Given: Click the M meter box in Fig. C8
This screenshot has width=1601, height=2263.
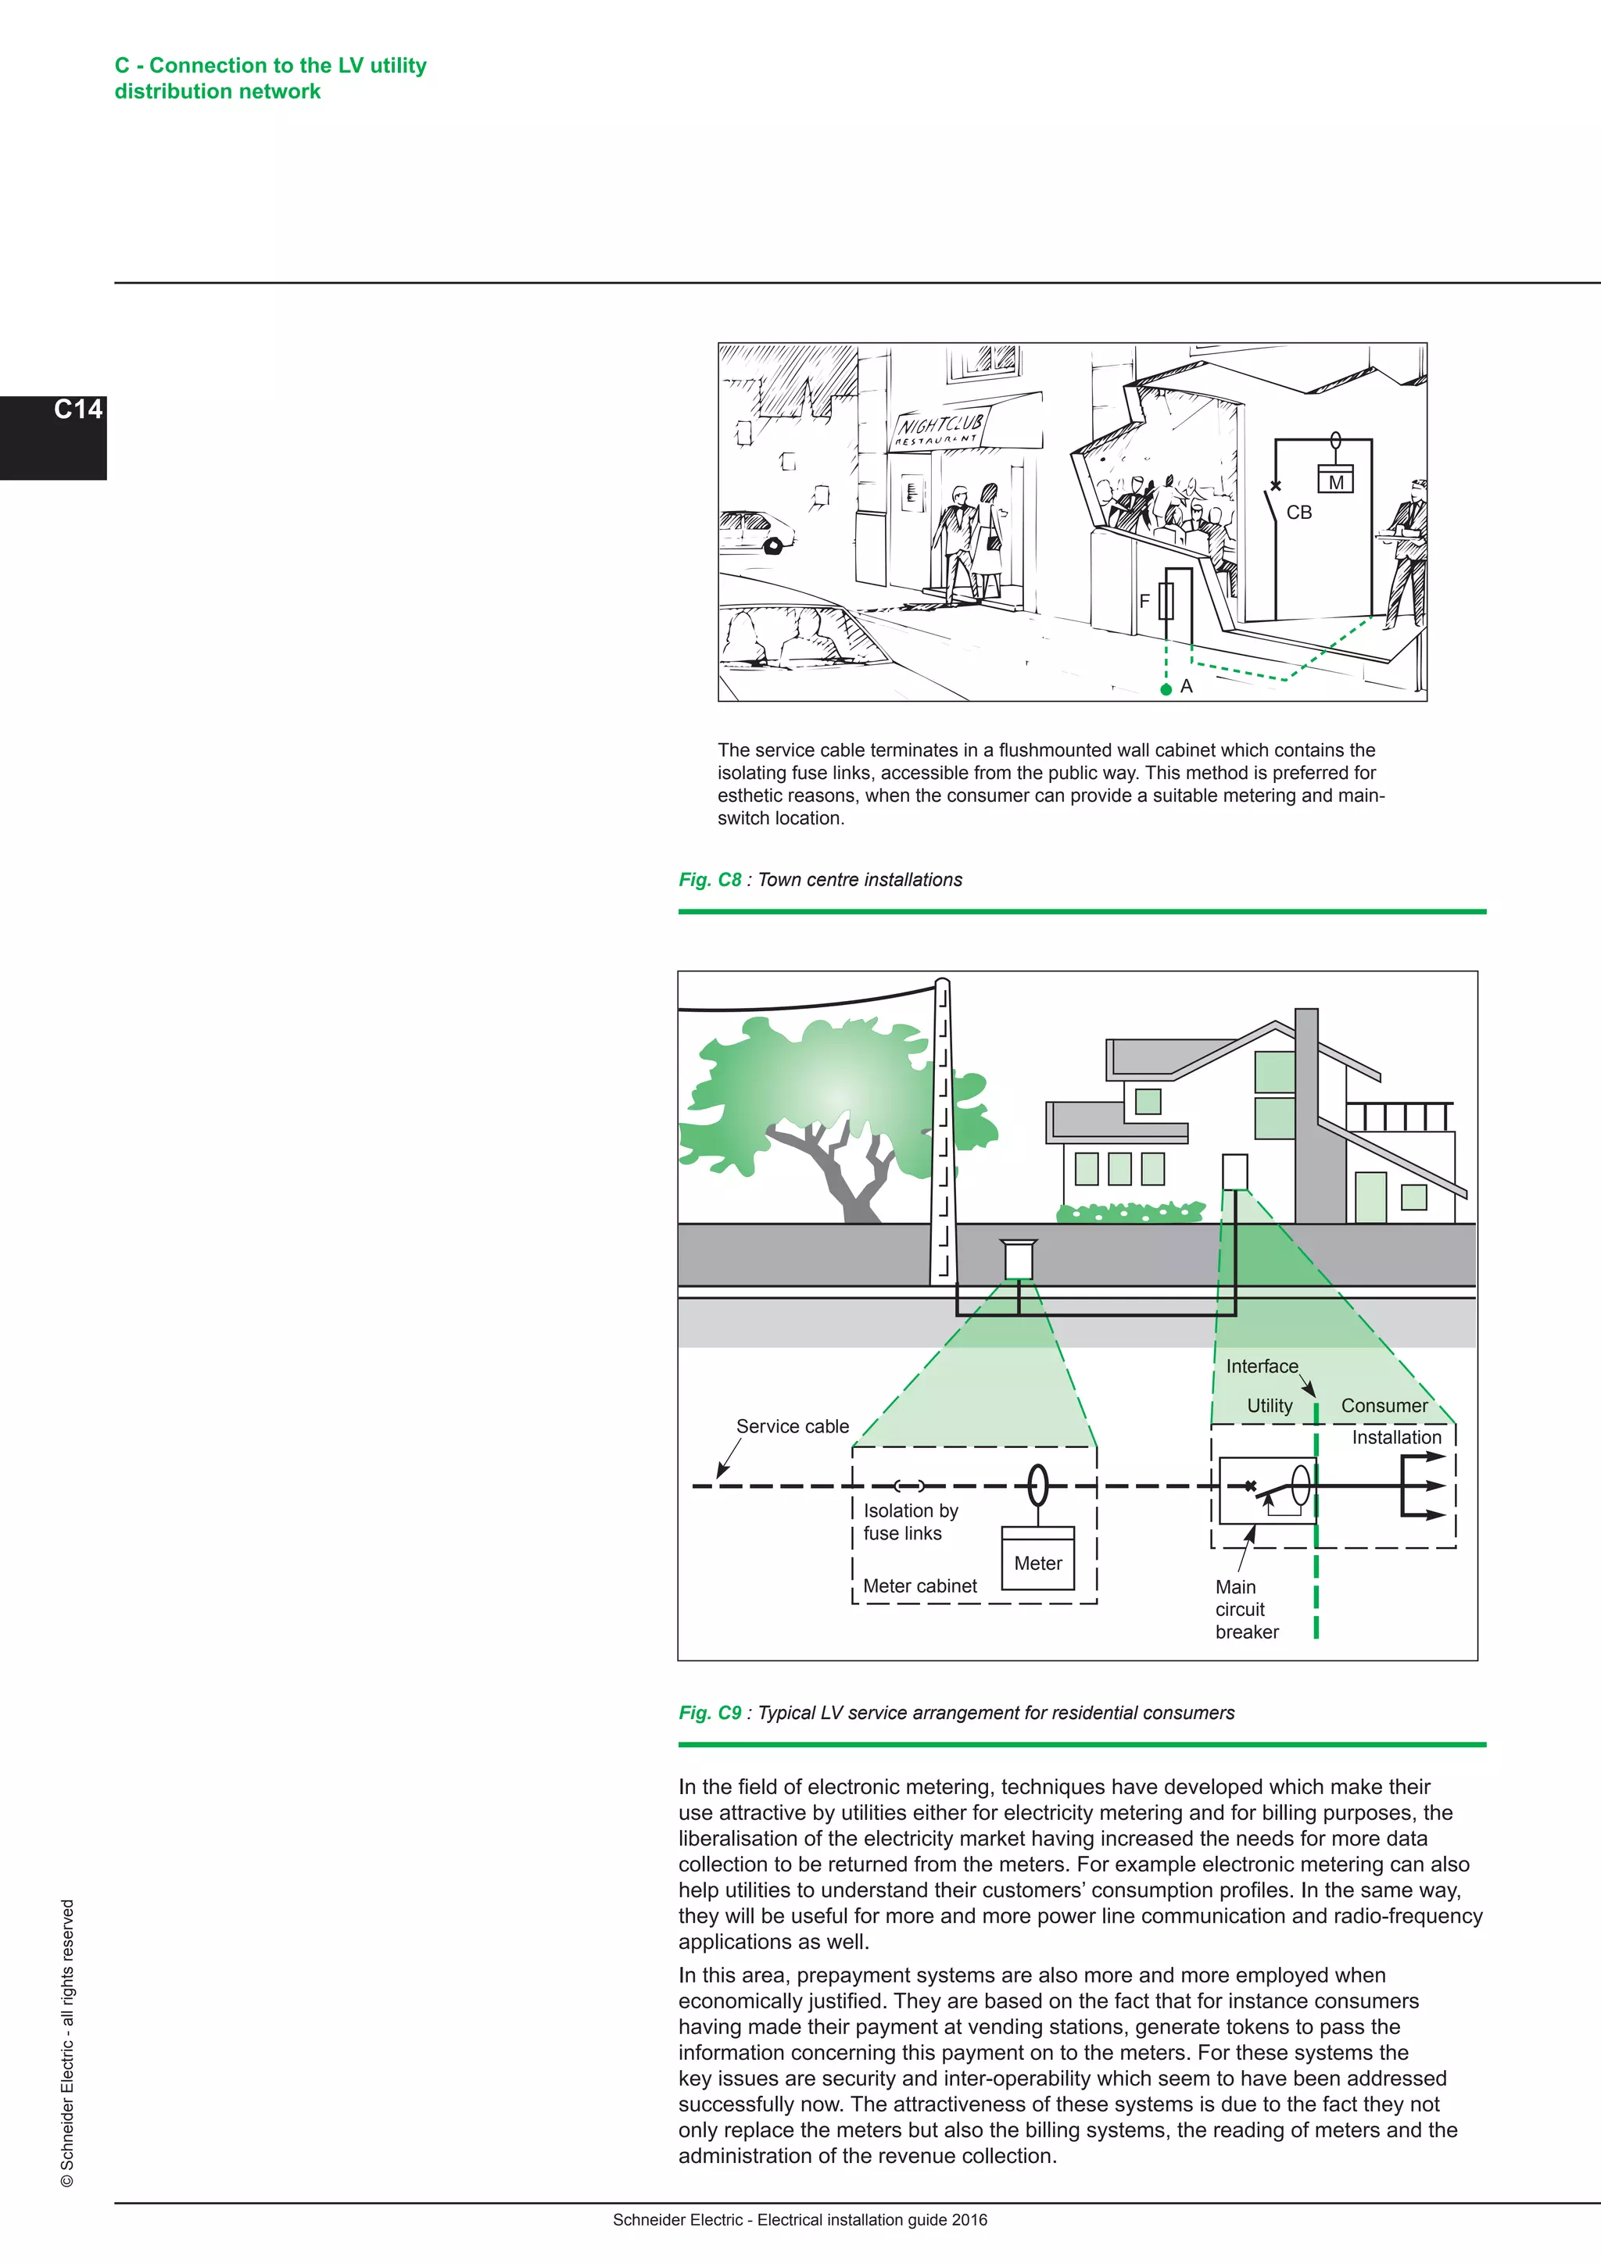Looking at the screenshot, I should [1336, 482].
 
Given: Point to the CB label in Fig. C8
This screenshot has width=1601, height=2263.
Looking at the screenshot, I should [1298, 513].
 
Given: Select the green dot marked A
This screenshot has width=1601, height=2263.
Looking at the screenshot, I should [1166, 689].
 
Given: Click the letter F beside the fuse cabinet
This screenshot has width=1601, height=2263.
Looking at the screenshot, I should [1144, 600].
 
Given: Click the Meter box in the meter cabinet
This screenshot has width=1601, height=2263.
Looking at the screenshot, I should [1037, 1562].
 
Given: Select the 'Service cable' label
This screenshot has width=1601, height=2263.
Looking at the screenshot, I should [792, 1426].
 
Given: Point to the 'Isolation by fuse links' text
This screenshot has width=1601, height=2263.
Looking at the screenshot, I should [910, 1521].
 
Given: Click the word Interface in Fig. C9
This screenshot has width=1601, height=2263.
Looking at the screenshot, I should [1261, 1366].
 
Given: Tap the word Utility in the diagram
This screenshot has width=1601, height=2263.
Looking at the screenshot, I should [1269, 1406].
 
